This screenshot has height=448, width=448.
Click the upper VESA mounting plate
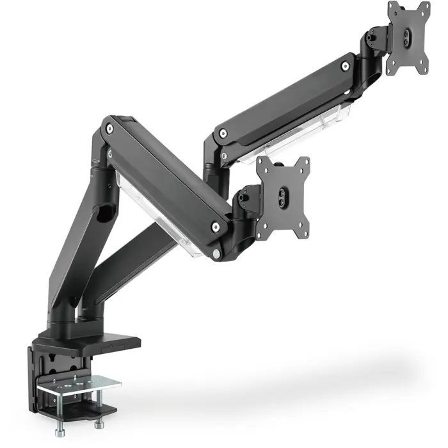click(x=408, y=38)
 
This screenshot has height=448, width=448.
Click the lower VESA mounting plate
click(x=283, y=198)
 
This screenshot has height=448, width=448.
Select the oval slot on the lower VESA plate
click(x=282, y=198)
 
